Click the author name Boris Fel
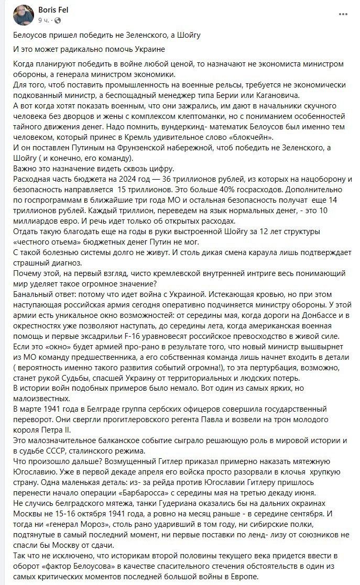tap(53, 9)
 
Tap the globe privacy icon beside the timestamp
tap(57, 20)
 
